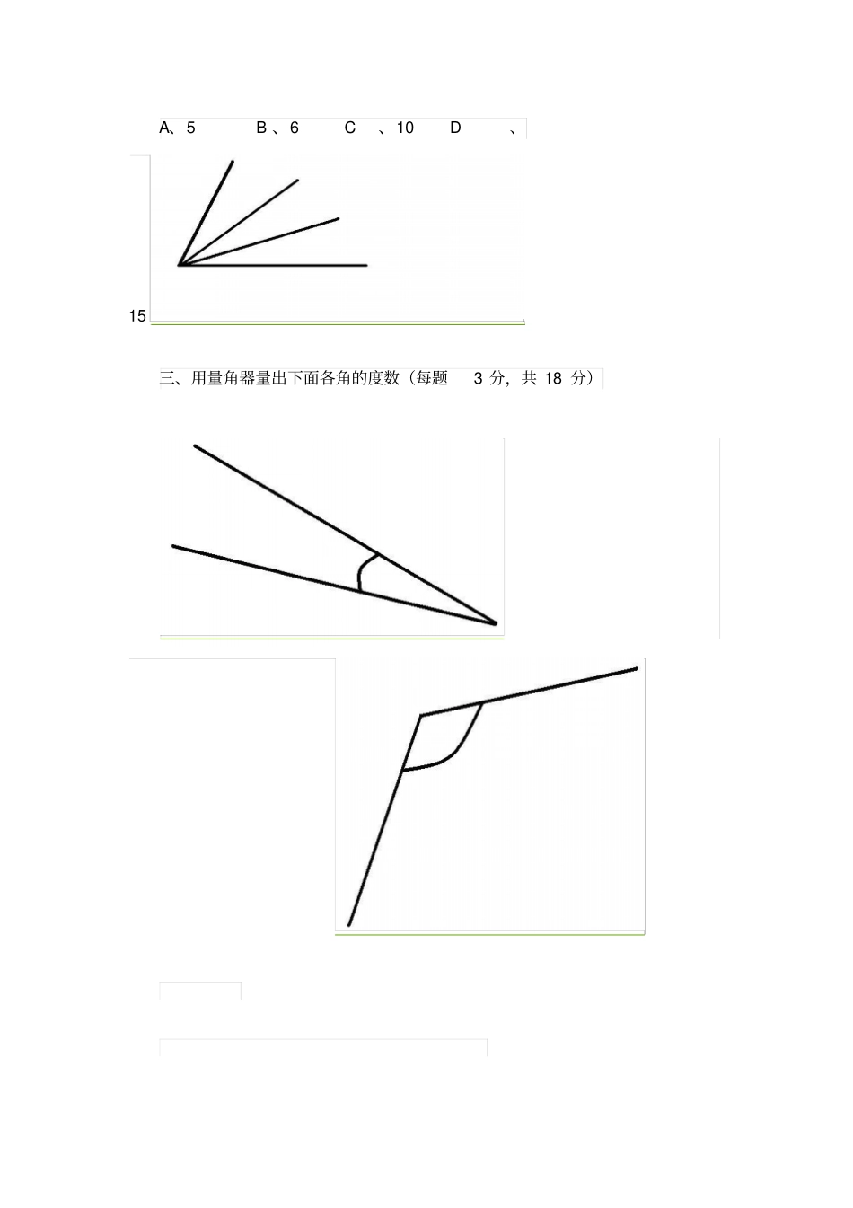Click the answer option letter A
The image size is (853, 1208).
coord(165,128)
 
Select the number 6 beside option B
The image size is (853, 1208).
coord(295,128)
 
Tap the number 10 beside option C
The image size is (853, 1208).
coord(405,128)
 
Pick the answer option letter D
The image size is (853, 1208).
coord(455,128)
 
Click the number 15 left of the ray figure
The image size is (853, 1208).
coord(137,316)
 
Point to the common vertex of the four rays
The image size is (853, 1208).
coord(180,265)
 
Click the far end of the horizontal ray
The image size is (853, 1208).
coord(366,265)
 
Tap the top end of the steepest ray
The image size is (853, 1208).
coord(233,162)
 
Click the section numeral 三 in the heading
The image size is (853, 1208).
coord(167,378)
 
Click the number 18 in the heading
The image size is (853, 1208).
coord(553,378)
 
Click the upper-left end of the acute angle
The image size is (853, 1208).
coord(195,445)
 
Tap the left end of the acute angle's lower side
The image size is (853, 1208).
coord(173,546)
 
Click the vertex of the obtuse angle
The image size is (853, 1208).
coord(421,716)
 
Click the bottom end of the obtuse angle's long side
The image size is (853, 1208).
coord(348,924)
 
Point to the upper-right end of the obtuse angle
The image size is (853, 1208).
coord(637,668)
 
